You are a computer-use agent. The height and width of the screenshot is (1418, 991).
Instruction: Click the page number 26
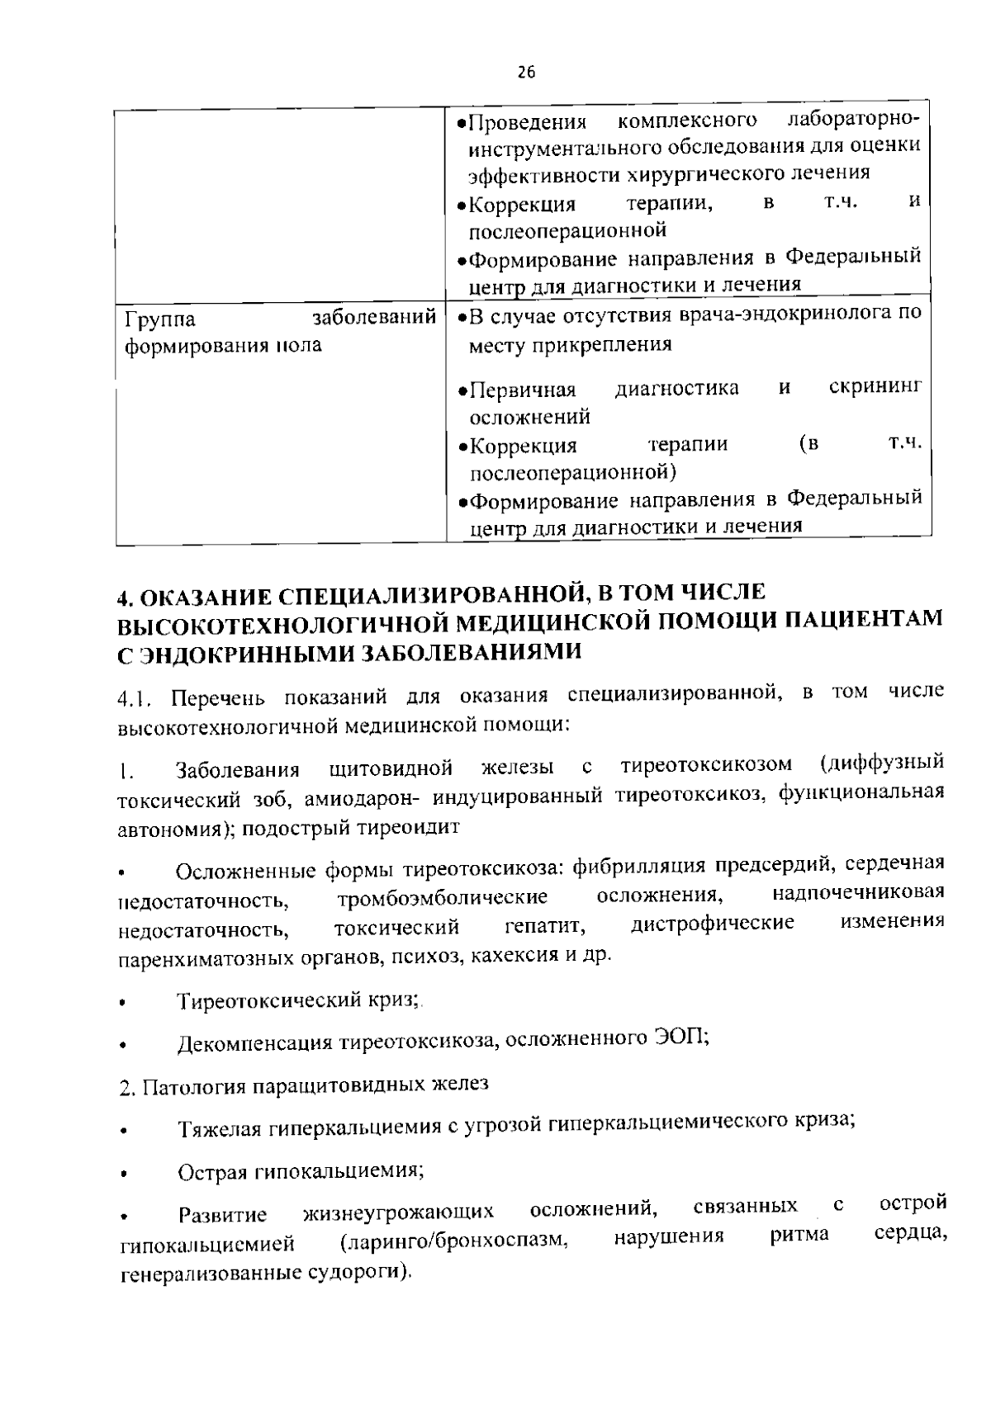pyautogui.click(x=526, y=73)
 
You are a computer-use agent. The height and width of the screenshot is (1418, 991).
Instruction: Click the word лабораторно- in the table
pyautogui.click(x=853, y=120)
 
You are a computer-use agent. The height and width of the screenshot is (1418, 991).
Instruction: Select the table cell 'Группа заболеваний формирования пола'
pyautogui.click(x=280, y=331)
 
